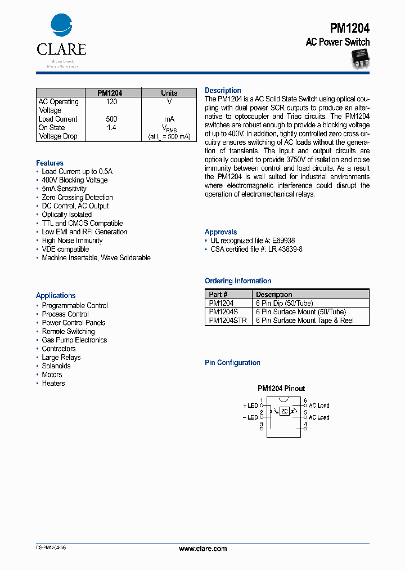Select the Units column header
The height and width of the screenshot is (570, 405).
169,93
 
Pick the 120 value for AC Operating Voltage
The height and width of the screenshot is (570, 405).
111,102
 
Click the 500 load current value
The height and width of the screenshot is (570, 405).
111,119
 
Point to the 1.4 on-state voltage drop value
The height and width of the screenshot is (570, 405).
111,128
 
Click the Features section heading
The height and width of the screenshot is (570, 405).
49,163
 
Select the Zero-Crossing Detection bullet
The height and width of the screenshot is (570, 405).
77,198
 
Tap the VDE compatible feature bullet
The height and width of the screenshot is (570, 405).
65,250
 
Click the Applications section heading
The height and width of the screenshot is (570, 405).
56,295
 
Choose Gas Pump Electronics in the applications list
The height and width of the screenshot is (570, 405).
74,340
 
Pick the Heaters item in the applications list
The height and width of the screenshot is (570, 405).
53,384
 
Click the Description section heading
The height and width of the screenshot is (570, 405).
223,91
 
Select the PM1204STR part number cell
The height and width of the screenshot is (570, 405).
227,320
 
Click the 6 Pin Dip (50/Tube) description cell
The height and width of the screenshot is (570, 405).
284,303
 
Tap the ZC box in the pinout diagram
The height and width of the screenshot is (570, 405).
285,411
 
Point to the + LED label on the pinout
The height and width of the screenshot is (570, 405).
250,406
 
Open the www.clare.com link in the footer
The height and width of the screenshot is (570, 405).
202,549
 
